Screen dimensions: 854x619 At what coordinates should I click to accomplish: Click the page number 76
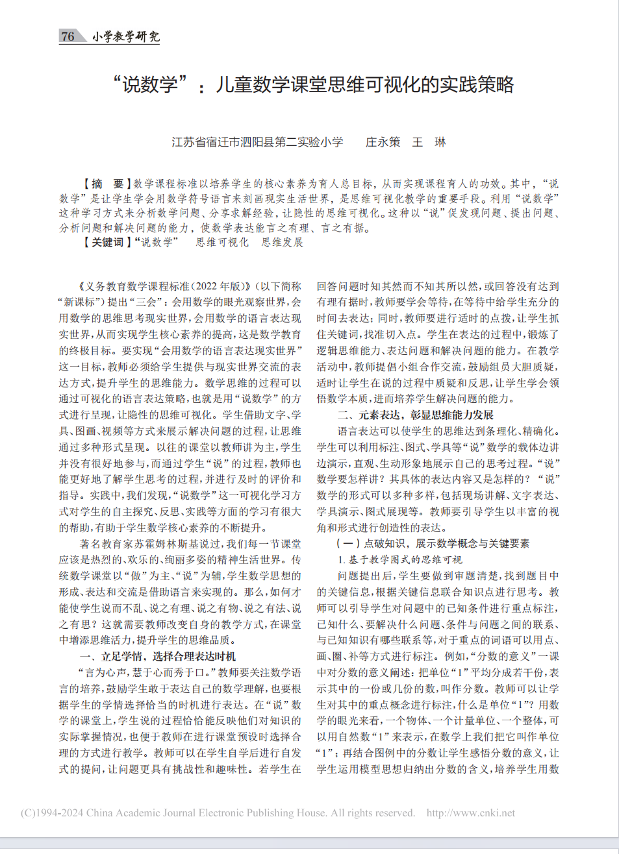[x=68, y=36]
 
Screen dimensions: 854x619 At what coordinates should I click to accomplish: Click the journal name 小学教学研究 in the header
[x=125, y=36]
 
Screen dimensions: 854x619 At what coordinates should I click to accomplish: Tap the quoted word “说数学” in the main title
[x=150, y=85]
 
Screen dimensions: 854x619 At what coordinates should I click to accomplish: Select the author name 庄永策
[x=383, y=142]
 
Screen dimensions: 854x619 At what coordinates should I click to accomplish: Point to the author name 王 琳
[x=429, y=142]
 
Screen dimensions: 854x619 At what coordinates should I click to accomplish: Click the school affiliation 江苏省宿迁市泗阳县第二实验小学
[x=257, y=142]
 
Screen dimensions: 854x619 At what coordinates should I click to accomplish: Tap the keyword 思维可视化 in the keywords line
[x=222, y=242]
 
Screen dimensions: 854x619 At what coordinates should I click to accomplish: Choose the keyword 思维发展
[x=283, y=242]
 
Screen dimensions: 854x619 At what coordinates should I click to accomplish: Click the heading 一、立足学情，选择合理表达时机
[x=158, y=656]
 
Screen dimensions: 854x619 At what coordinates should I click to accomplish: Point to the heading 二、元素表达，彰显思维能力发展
[x=416, y=415]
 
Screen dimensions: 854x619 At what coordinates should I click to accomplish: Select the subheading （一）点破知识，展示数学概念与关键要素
[x=433, y=543]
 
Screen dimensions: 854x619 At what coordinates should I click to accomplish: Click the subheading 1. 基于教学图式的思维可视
[x=399, y=559]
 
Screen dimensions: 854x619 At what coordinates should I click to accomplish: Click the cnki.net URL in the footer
[x=470, y=812]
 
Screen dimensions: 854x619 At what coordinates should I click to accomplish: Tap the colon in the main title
[x=201, y=88]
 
